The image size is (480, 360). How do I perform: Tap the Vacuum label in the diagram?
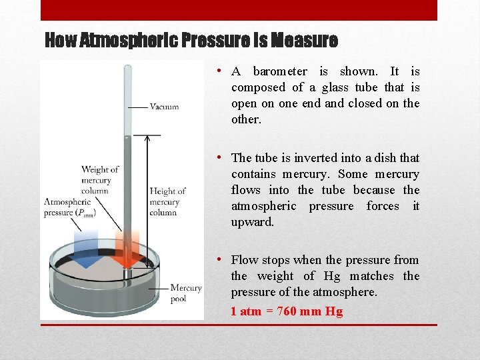click(x=164, y=107)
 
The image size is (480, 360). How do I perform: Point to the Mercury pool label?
click(x=186, y=293)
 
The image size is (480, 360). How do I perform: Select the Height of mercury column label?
click(x=167, y=201)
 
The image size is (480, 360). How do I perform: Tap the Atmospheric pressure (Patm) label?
click(x=70, y=207)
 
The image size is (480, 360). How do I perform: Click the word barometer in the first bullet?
click(x=280, y=71)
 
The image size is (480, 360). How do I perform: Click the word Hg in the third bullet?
click(x=332, y=276)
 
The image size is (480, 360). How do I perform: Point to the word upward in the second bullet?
click(x=252, y=222)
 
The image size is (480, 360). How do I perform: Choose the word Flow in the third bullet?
click(x=244, y=260)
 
